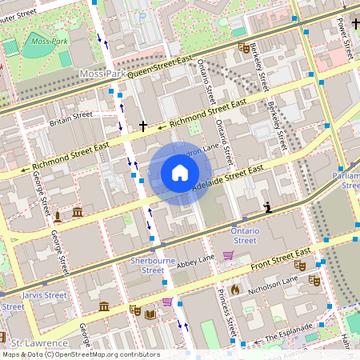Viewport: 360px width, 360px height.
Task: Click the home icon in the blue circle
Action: [x=180, y=173]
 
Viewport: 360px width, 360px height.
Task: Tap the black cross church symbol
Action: [x=143, y=126]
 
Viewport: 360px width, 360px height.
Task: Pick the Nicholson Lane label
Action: [x=272, y=283]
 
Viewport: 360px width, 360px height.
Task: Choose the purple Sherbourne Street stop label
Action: [x=146, y=266]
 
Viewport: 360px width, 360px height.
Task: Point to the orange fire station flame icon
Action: [x=235, y=288]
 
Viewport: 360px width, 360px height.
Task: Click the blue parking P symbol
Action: [x=142, y=16]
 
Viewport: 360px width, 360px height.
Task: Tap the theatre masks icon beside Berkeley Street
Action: [x=243, y=48]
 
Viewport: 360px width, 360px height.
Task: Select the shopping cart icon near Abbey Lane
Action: [x=228, y=255]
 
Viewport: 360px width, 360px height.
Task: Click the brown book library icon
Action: [x=150, y=314]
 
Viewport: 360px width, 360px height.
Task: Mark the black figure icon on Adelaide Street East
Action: [x=268, y=207]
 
